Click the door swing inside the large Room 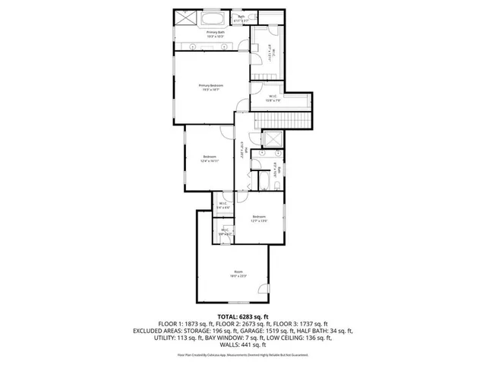(x=263, y=289)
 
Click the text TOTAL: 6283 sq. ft (x=243, y=316)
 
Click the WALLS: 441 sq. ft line (x=243, y=348)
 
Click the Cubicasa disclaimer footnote (x=243, y=355)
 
